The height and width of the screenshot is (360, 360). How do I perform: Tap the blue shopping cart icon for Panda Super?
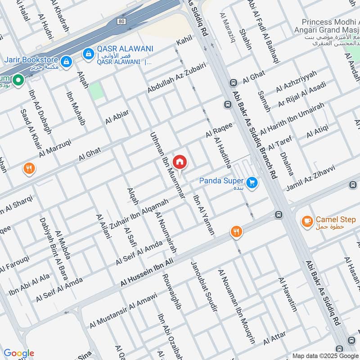tap(252, 182)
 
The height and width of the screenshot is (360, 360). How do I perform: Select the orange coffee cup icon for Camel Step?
tap(307, 221)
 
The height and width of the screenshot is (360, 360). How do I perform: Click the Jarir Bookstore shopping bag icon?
tap(66, 61)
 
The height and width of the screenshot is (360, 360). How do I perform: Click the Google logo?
tap(19, 353)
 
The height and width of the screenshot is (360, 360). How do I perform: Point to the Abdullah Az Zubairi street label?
tap(176, 78)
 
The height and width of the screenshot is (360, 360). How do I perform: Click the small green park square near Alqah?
tap(95, 91)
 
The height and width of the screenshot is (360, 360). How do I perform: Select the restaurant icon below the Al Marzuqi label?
tap(29, 169)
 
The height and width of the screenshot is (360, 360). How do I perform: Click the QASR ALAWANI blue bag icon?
tap(88, 54)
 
